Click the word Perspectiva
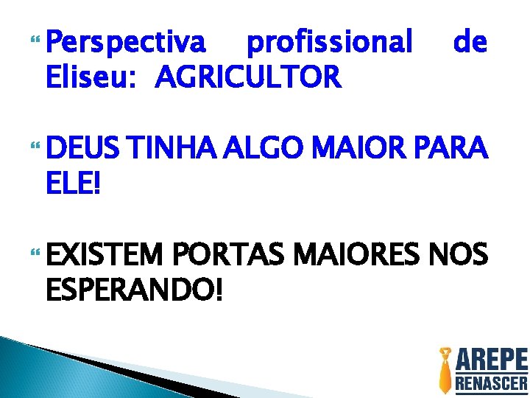[126, 44]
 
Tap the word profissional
[329, 44]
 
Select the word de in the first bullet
[470, 43]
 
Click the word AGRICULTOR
[248, 76]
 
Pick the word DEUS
[83, 149]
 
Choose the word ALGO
[264, 149]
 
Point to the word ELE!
[74, 181]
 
